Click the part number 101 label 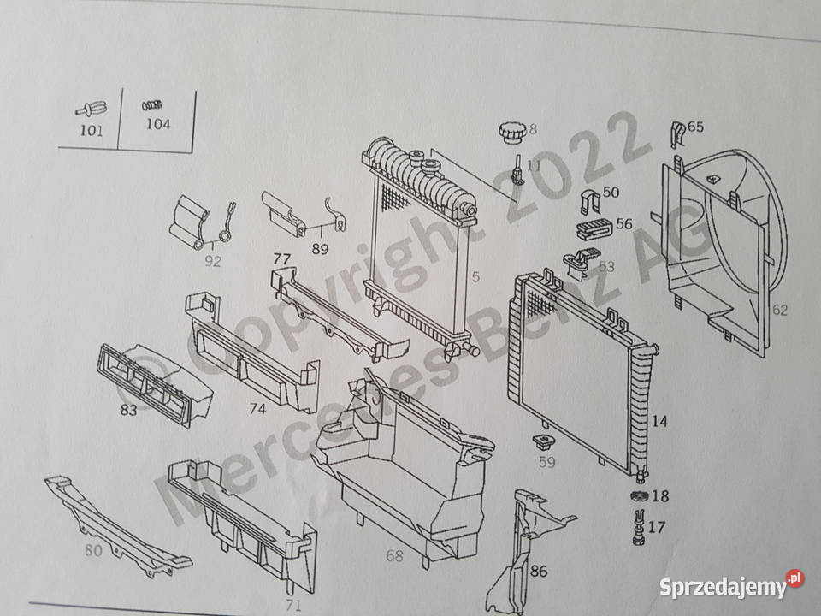pos(91,131)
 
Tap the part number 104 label pos(158,125)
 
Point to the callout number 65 pos(695,127)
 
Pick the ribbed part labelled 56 pos(592,229)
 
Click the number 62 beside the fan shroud pos(779,310)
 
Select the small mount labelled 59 pos(540,444)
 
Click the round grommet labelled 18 pos(637,496)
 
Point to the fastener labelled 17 pos(637,524)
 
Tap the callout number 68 pos(393,556)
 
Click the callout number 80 pos(92,551)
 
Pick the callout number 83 pos(128,411)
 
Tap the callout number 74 pos(257,409)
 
